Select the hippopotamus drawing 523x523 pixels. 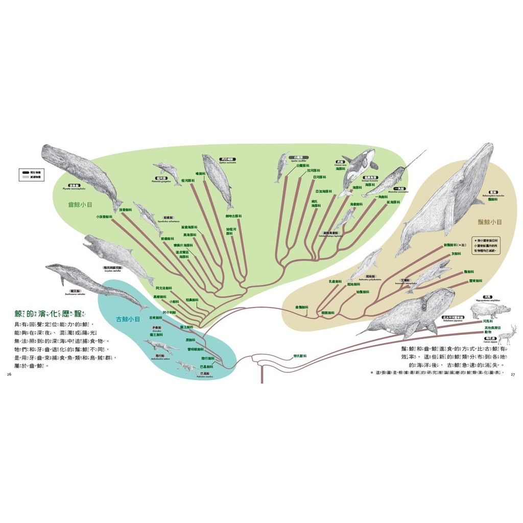tap(490, 310)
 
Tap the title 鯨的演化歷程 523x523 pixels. tap(45, 313)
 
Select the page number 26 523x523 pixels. tap(9, 375)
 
